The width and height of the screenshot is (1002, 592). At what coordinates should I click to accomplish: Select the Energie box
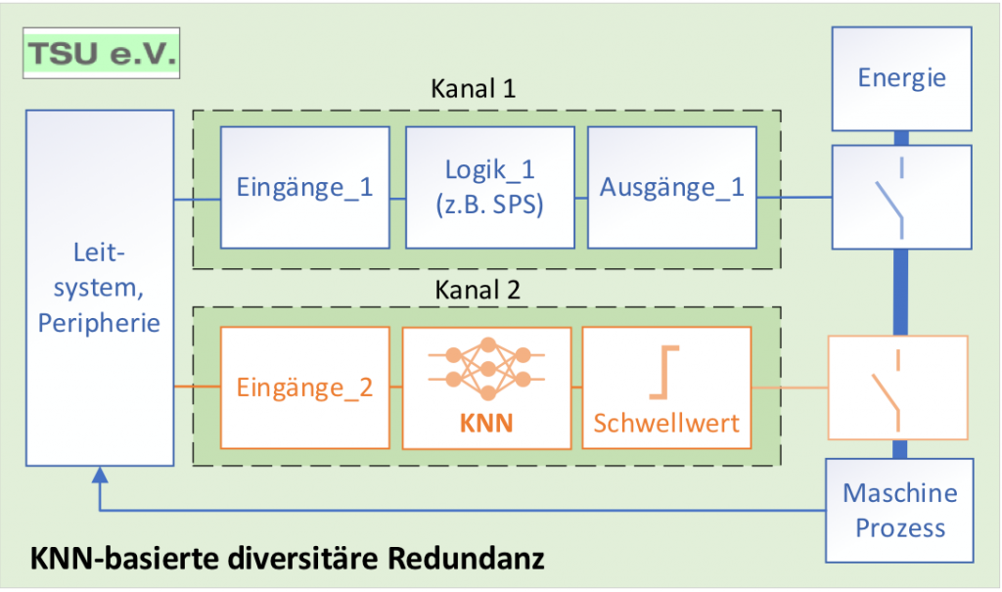tap(901, 78)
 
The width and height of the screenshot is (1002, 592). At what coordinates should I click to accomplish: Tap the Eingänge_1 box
tap(304, 187)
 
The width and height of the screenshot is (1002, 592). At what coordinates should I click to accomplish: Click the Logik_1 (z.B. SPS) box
tap(488, 187)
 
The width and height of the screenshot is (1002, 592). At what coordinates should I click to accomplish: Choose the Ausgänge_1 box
tap(671, 187)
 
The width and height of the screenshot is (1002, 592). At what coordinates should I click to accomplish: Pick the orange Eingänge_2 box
tap(304, 387)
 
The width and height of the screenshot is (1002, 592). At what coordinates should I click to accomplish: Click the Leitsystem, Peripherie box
tap(99, 288)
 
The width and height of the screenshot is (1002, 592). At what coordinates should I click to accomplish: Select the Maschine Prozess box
tap(900, 510)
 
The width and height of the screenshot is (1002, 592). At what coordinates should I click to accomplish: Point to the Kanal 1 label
tap(474, 89)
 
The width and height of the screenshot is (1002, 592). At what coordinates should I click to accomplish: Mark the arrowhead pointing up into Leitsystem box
tap(99, 477)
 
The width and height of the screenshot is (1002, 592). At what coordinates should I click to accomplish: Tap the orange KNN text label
tap(486, 426)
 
